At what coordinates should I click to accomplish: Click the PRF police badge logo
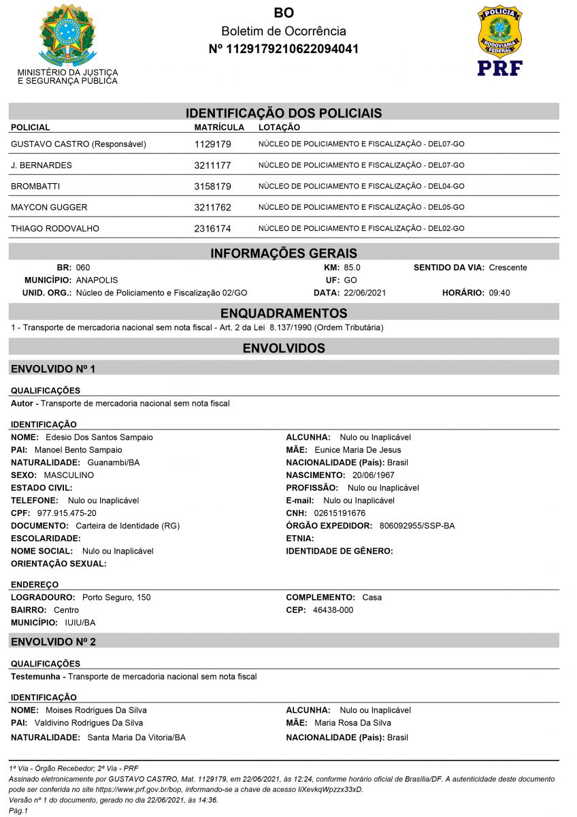pyautogui.click(x=499, y=40)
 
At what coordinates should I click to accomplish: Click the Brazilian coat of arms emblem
pyautogui.click(x=67, y=34)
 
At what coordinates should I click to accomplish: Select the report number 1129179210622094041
pyautogui.click(x=283, y=49)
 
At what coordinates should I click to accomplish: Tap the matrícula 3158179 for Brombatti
pyautogui.click(x=213, y=186)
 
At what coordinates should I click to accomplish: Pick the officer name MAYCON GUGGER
pyautogui.click(x=49, y=207)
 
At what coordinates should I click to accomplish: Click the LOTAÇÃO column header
pyautogui.click(x=279, y=127)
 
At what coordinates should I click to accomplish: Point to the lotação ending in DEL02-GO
pyautogui.click(x=361, y=229)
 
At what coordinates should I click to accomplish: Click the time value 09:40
pyautogui.click(x=499, y=293)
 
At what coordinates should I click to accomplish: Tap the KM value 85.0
pyautogui.click(x=352, y=268)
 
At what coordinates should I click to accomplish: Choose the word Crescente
pyautogui.click(x=508, y=268)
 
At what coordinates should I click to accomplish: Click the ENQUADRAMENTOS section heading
pyautogui.click(x=283, y=313)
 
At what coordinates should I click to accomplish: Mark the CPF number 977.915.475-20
pyautogui.click(x=67, y=513)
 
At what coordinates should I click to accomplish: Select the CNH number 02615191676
pyautogui.click(x=340, y=513)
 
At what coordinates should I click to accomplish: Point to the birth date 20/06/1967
pyautogui.click(x=373, y=475)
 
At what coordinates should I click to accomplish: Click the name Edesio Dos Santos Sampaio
pyautogui.click(x=99, y=437)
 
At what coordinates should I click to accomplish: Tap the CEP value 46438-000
pyautogui.click(x=333, y=610)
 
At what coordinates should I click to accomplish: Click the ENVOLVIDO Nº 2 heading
pyautogui.click(x=53, y=641)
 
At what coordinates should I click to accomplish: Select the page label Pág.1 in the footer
pyautogui.click(x=17, y=811)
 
